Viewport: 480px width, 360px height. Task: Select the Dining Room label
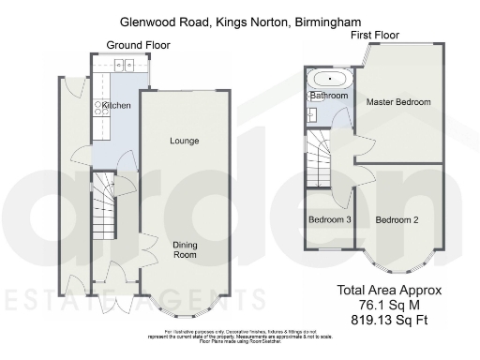tap(185, 248)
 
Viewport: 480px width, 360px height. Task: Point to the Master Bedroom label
tap(398, 101)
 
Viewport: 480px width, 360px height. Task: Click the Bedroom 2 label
tap(397, 220)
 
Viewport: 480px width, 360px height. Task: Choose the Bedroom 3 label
tap(330, 220)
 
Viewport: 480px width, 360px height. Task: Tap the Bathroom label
tap(330, 96)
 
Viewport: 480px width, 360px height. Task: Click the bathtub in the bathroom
tap(329, 79)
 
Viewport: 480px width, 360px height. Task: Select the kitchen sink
tap(124, 65)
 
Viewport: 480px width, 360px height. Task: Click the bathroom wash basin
tap(310, 115)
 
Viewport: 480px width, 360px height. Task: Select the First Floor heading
tap(375, 35)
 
